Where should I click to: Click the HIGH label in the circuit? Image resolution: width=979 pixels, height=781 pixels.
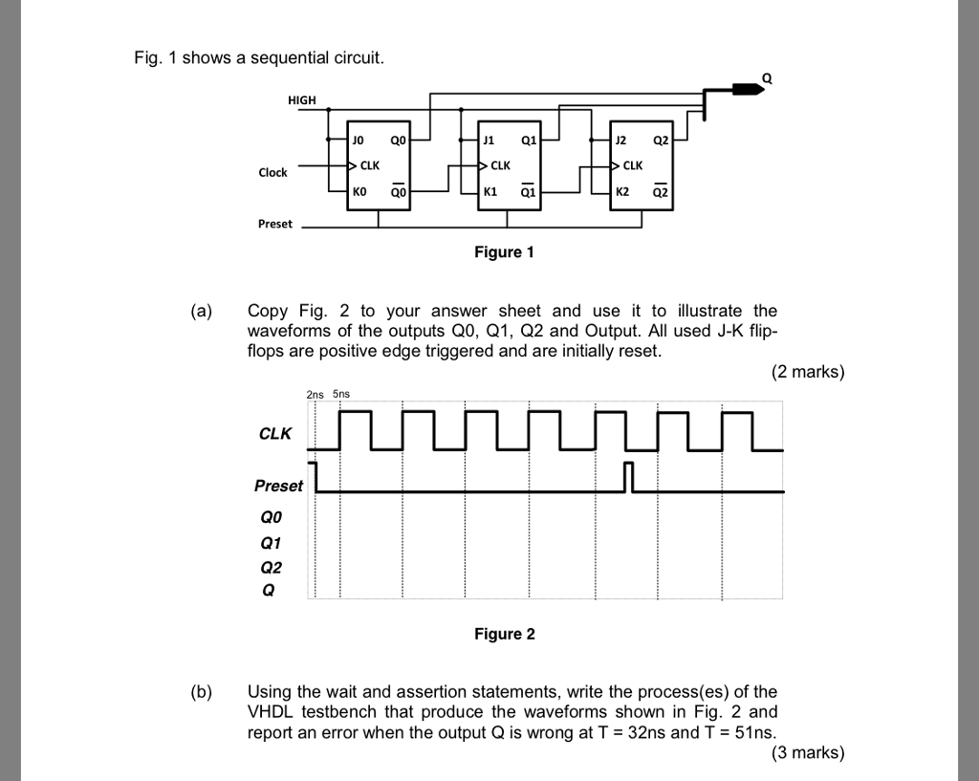[x=301, y=99]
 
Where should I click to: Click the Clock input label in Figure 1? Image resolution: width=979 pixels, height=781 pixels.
[x=272, y=172]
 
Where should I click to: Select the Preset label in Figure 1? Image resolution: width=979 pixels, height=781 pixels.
[x=275, y=224]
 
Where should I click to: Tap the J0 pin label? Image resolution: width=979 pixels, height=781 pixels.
[x=359, y=140]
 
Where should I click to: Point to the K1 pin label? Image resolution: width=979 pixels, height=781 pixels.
[x=491, y=191]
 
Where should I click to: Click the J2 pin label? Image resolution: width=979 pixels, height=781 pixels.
[x=620, y=140]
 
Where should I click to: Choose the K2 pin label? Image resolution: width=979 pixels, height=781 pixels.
[x=622, y=191]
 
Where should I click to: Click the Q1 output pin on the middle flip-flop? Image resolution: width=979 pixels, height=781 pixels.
[x=529, y=140]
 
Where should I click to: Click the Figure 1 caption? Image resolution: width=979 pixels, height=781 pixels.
[x=504, y=252]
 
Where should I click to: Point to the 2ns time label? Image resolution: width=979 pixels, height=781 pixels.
[x=315, y=393]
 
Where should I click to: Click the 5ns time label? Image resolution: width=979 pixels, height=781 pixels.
[x=341, y=393]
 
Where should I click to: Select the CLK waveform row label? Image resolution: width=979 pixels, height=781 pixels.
[x=275, y=434]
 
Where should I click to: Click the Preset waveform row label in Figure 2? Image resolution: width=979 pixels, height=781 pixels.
[x=278, y=486]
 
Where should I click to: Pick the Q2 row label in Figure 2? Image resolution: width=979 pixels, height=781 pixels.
[x=272, y=567]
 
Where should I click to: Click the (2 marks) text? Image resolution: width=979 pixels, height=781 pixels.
[x=808, y=372]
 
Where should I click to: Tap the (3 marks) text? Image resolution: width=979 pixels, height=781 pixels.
[x=808, y=753]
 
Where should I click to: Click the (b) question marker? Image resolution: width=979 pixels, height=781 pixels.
[x=202, y=691]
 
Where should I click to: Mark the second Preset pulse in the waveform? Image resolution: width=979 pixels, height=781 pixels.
[x=628, y=476]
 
